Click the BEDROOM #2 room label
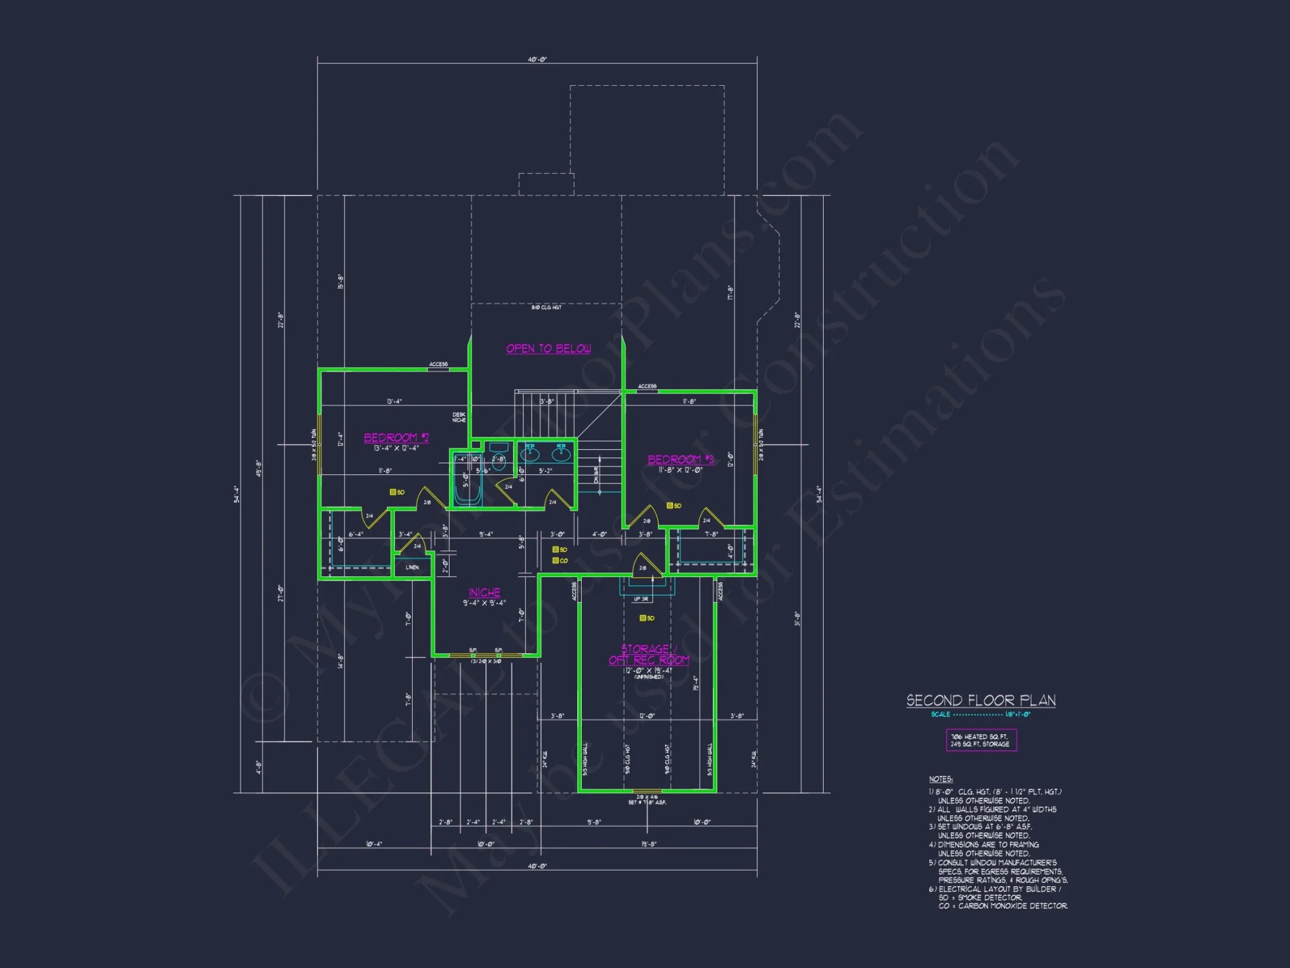click(396, 438)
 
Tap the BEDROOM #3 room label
click(680, 459)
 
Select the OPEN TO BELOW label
click(548, 348)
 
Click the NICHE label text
click(484, 592)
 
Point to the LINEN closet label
click(412, 567)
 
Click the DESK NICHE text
click(459, 418)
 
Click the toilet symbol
click(498, 456)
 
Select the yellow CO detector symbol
click(556, 560)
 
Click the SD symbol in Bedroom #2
click(393, 492)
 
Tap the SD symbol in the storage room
click(643, 618)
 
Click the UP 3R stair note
click(640, 599)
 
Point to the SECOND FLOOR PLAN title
click(980, 700)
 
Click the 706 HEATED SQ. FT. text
click(978, 736)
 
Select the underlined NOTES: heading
click(940, 779)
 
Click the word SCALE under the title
click(940, 714)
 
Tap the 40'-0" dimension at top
click(537, 59)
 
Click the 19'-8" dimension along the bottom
click(649, 844)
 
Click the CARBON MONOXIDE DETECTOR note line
click(1003, 906)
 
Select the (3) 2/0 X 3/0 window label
click(486, 661)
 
